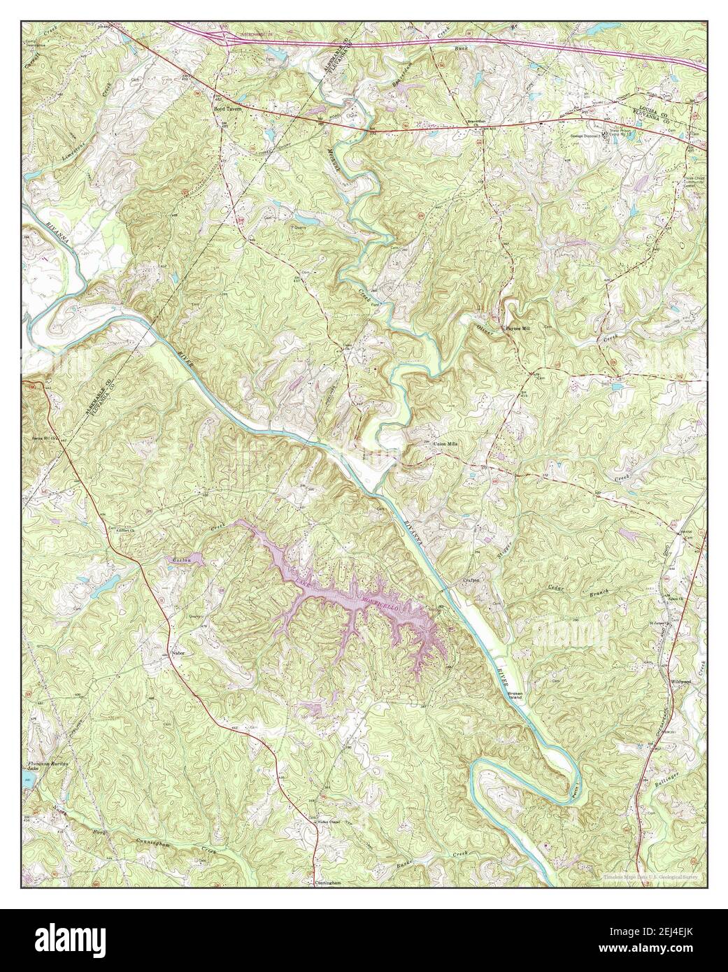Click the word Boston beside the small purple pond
pos(182,560)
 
